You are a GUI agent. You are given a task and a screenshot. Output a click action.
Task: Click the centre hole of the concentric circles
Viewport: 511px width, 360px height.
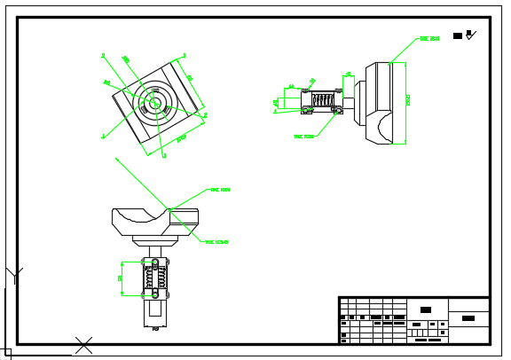(154, 103)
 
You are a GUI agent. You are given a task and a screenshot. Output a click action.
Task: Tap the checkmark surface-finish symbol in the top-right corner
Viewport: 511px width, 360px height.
(471, 35)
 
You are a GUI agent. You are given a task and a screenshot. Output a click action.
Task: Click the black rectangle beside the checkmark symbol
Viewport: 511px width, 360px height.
(458, 35)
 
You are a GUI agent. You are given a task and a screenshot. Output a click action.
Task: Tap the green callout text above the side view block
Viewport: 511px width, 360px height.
(429, 39)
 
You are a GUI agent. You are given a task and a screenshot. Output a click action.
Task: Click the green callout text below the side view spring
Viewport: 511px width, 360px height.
(303, 137)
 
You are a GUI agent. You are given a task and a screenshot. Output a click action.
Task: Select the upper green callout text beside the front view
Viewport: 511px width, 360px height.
(220, 190)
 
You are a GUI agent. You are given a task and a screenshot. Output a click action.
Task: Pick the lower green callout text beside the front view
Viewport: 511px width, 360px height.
(216, 241)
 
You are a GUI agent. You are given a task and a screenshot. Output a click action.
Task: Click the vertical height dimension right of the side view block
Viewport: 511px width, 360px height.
(408, 101)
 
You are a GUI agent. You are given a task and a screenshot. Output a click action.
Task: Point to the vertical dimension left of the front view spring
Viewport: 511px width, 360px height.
(121, 278)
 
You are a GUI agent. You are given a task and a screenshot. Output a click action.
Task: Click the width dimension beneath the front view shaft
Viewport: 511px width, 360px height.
(155, 328)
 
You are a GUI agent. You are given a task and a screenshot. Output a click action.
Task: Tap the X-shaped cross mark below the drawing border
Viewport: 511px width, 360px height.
(83, 344)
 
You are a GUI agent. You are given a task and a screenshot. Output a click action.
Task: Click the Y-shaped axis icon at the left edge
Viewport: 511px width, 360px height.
(13, 275)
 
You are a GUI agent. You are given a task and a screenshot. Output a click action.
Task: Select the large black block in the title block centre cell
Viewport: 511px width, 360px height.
(426, 309)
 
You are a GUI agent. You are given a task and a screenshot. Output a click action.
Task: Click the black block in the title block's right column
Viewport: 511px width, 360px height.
(468, 317)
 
